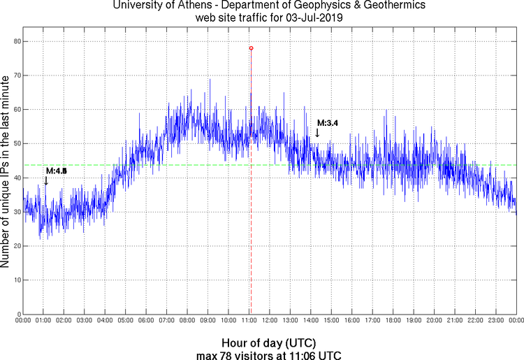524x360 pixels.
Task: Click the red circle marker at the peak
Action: [251, 48]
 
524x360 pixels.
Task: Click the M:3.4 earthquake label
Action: [328, 123]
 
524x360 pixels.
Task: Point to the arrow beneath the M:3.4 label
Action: [316, 132]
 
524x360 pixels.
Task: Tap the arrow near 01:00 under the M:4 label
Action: [46, 180]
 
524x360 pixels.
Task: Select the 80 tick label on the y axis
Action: [15, 41]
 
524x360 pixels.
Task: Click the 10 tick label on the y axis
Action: [15, 280]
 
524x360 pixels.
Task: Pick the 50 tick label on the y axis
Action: [15, 143]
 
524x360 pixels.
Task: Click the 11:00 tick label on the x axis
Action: [249, 321]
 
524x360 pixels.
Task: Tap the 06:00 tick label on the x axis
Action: [146, 321]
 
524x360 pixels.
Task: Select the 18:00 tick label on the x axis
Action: [393, 321]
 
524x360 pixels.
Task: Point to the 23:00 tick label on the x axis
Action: [495, 321]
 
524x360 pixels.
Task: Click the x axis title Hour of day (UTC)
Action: [268, 343]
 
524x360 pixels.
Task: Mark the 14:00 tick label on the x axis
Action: [310, 321]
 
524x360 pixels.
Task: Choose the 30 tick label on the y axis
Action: [15, 212]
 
